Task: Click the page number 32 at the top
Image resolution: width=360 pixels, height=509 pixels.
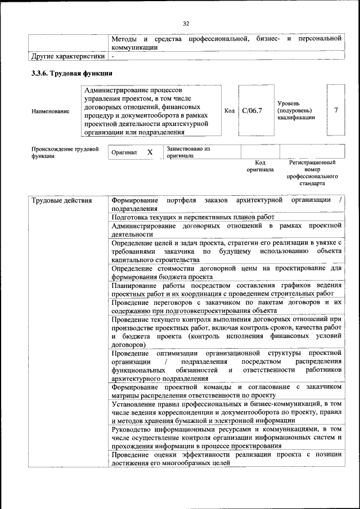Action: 186,23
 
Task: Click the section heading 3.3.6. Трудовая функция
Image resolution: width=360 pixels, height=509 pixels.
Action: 72,74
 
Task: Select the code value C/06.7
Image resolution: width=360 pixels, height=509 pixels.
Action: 252,110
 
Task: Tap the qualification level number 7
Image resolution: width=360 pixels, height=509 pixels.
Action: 336,110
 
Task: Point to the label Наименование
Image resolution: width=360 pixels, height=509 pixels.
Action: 51,111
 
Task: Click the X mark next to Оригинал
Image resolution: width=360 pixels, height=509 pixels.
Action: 150,152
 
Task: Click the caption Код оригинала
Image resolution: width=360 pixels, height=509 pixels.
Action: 260,166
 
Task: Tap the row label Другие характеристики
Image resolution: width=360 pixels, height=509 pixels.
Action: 68,56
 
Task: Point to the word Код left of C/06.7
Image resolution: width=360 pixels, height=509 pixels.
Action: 229,111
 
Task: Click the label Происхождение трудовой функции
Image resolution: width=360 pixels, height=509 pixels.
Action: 65,152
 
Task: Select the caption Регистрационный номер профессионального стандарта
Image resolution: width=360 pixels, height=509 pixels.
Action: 312,173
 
